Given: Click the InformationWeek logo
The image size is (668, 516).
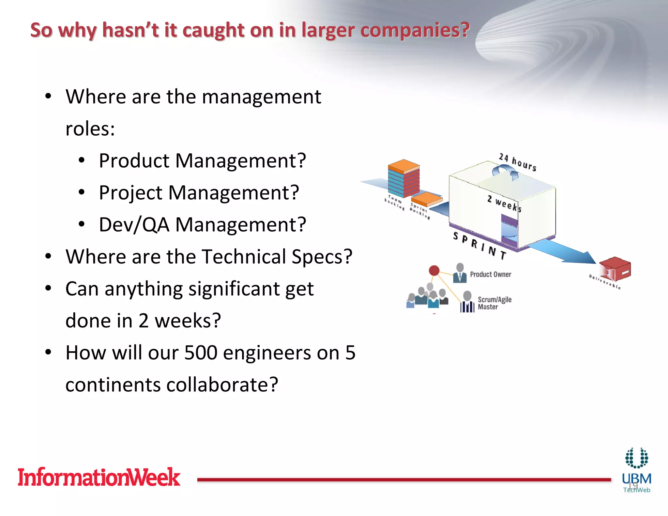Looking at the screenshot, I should pyautogui.click(x=99, y=477).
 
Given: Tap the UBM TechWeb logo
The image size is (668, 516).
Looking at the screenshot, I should pyautogui.click(x=636, y=470).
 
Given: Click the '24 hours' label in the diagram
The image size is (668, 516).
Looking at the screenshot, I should pyautogui.click(x=518, y=162).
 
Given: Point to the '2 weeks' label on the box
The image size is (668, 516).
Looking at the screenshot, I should pyautogui.click(x=504, y=203).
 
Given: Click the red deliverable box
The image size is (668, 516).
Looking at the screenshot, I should pyautogui.click(x=615, y=269).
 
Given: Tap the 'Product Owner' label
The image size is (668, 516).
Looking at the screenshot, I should pyautogui.click(x=490, y=274).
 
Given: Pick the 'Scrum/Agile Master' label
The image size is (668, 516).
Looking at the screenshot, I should pyautogui.click(x=494, y=303).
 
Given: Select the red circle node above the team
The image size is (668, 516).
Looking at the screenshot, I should pyautogui.click(x=434, y=270).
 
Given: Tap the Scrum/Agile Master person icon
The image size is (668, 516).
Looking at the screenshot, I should pyautogui.click(x=467, y=302).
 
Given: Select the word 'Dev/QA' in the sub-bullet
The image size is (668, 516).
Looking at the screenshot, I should pyautogui.click(x=134, y=225).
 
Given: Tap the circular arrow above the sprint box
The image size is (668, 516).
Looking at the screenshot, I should pyautogui.click(x=505, y=172).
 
